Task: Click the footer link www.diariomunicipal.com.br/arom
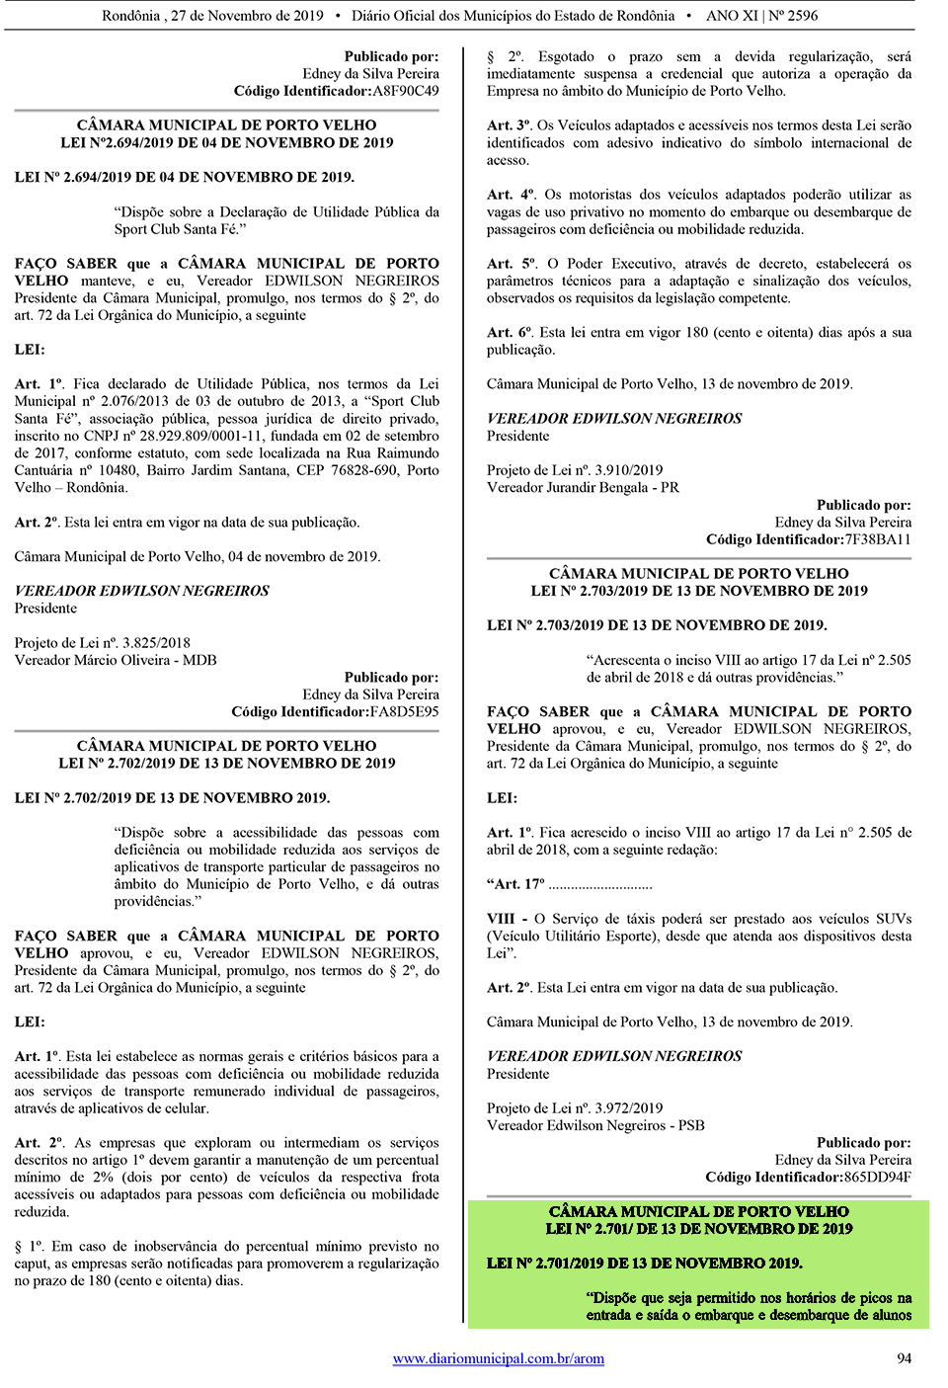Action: pyautogui.click(x=498, y=1358)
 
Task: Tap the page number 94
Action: pyautogui.click(x=904, y=1358)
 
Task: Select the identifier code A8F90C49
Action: pyautogui.click(x=405, y=91)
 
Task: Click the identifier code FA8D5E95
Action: pyautogui.click(x=404, y=711)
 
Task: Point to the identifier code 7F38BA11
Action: pyautogui.click(x=877, y=539)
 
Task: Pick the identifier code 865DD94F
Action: pyautogui.click(x=877, y=1177)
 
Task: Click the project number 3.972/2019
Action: pyautogui.click(x=629, y=1108)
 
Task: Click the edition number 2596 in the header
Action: pyautogui.click(x=802, y=16)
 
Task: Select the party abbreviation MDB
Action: pyautogui.click(x=199, y=660)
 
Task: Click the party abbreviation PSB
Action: pyautogui.click(x=691, y=1125)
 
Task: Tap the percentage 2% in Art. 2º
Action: pyautogui.click(x=103, y=1177)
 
